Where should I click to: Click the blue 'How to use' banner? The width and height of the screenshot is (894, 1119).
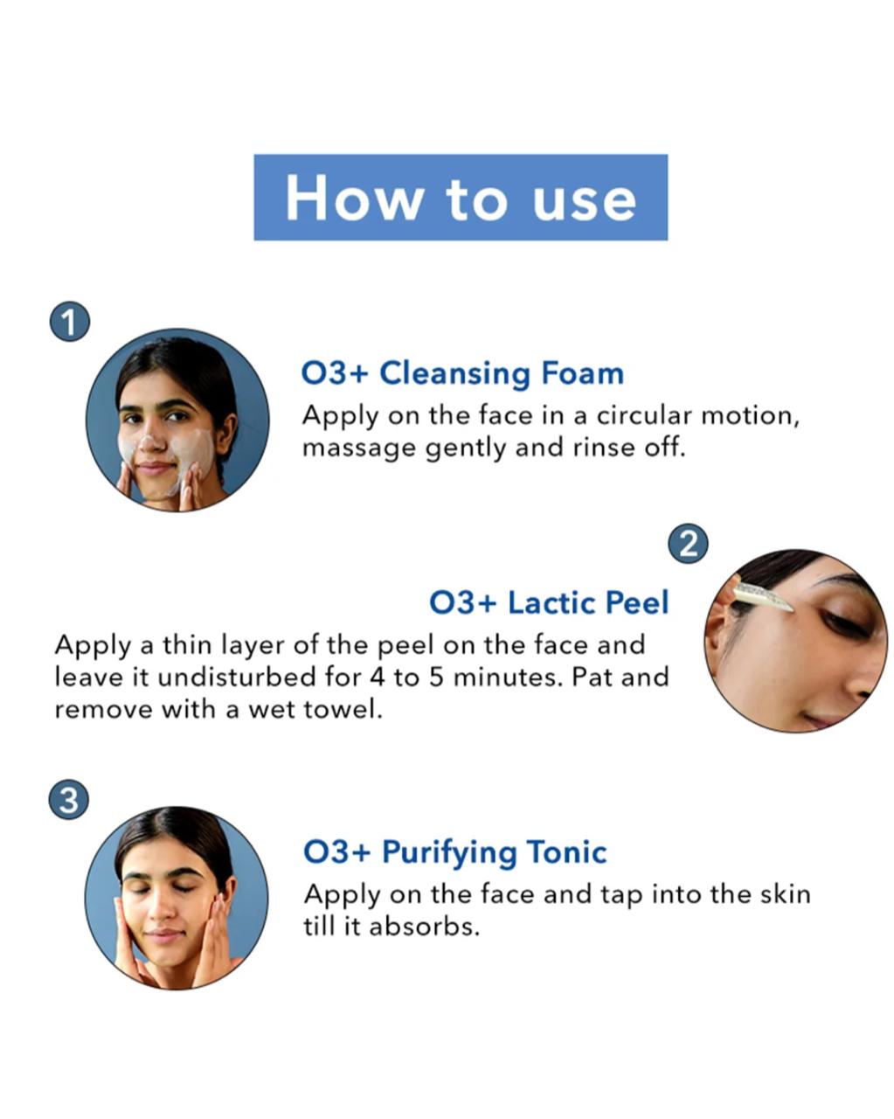(x=461, y=197)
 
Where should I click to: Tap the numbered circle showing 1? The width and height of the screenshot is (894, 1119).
(x=70, y=322)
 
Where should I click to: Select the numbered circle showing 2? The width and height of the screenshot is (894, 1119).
(x=688, y=544)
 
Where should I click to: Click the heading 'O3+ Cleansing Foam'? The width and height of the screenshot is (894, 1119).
(x=462, y=374)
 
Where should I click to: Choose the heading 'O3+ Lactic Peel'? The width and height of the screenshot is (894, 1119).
(x=549, y=602)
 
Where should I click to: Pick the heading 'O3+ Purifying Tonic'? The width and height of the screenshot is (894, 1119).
(x=454, y=852)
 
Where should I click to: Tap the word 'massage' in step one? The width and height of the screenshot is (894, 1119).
(x=358, y=448)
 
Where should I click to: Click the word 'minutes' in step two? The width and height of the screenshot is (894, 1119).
(x=509, y=678)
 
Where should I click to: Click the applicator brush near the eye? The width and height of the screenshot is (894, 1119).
(x=762, y=594)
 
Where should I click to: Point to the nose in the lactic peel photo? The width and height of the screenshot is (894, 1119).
(x=856, y=680)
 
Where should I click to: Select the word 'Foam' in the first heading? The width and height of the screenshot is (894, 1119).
(x=582, y=372)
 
